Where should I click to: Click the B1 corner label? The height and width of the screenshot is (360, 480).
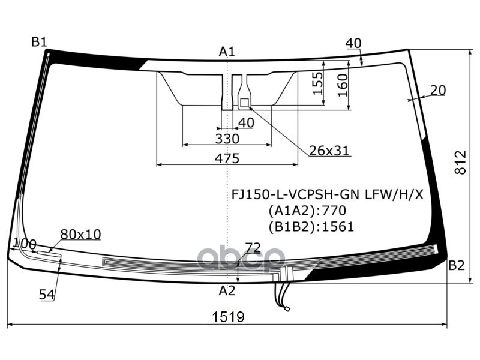(39, 42)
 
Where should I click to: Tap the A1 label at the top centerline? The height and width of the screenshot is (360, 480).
(226, 52)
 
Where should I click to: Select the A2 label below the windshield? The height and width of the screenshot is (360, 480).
(226, 291)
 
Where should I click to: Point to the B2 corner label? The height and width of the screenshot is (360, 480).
(457, 266)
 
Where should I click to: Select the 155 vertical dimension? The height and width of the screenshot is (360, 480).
(318, 84)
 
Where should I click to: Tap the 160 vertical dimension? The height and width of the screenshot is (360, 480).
(343, 84)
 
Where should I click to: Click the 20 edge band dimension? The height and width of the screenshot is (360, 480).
(438, 91)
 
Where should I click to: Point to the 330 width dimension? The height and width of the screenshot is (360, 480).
(227, 139)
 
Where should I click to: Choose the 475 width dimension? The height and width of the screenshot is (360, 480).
(227, 158)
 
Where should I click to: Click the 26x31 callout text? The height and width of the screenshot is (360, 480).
(329, 151)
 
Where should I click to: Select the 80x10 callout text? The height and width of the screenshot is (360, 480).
(80, 234)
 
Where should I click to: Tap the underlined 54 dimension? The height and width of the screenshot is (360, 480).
(47, 294)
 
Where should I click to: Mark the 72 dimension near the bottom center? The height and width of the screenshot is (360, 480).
(253, 247)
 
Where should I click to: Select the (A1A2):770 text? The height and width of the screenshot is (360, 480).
(307, 211)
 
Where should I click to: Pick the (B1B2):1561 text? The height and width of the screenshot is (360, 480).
(311, 227)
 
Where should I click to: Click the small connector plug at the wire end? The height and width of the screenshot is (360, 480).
(288, 310)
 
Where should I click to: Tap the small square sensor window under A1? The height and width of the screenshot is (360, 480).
(244, 103)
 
